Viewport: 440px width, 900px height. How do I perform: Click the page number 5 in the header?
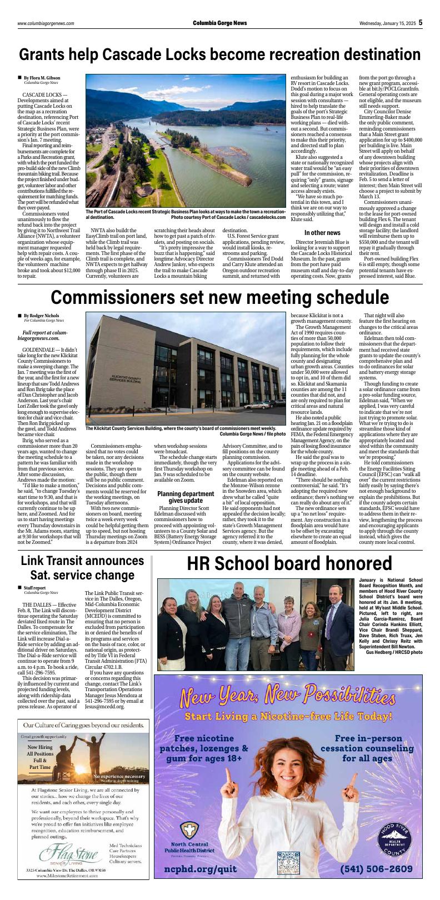pyautogui.click(x=421, y=22)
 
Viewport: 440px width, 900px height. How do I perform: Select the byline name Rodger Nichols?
pyautogui.click(x=45, y=316)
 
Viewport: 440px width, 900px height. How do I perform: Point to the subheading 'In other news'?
pyautogui.click(x=322, y=232)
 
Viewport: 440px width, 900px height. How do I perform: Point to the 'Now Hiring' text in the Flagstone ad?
pyautogui.click(x=40, y=747)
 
